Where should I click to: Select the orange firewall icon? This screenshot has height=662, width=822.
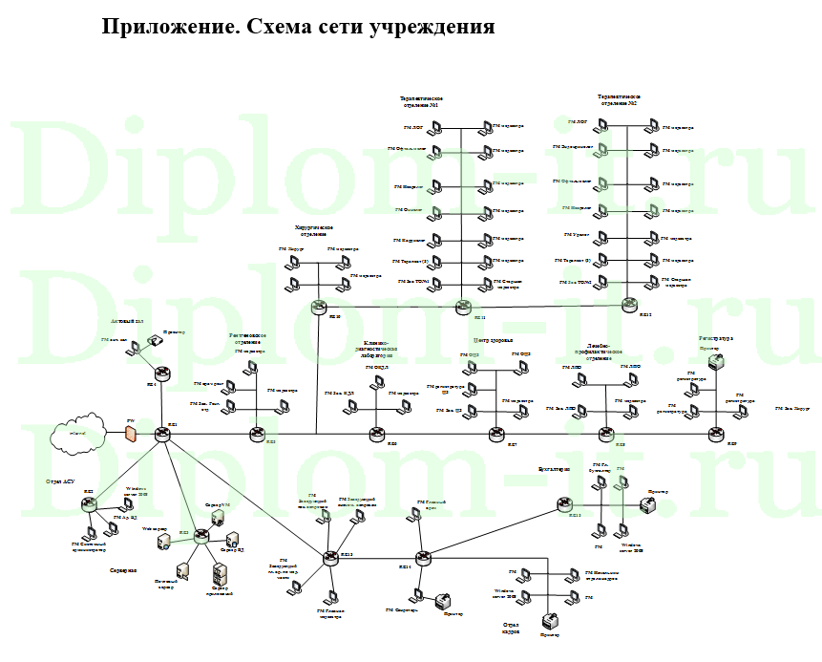pos(131,434)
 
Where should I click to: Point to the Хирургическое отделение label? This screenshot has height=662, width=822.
pos(313,230)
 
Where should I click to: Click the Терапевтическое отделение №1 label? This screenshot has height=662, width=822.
pos(421,101)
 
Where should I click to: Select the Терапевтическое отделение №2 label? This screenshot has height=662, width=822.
pos(619,100)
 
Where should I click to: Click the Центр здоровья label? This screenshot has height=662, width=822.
pos(493,340)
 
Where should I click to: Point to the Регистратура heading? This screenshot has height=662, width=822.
pos(715,338)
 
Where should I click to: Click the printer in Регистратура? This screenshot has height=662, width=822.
pos(714,363)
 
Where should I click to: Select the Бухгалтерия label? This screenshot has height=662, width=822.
pos(554,470)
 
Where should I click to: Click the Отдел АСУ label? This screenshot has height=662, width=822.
pos(59,481)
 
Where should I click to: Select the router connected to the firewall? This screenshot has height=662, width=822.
pos(163,434)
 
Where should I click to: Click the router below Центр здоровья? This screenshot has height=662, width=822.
pos(496,435)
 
